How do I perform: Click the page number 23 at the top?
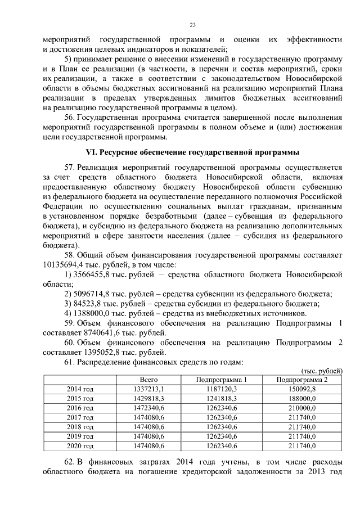click(192, 25)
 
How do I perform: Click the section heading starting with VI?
click(192, 152)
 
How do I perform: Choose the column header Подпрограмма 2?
click(301, 380)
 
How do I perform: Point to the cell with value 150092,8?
click(301, 389)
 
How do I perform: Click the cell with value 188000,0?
click(301, 399)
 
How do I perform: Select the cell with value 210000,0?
click(301, 408)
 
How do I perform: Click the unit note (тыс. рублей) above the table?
click(322, 371)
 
